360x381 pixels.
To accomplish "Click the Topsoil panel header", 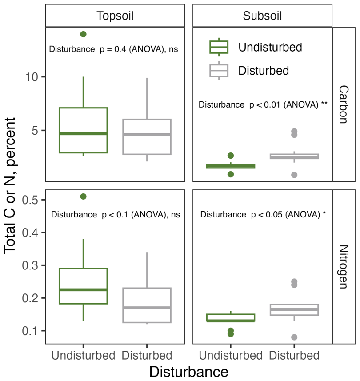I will [x=115, y=16].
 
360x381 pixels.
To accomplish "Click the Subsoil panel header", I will [x=262, y=16].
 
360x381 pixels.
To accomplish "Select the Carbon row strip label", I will [x=344, y=104].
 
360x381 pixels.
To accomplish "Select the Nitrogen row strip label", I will [x=344, y=267].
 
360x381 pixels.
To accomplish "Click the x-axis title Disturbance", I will [x=189, y=371].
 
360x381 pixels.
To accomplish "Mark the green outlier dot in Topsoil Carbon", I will [x=83, y=34].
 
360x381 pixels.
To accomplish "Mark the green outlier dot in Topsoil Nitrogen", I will [x=83, y=197].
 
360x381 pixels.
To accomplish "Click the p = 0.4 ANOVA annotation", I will [x=113, y=49].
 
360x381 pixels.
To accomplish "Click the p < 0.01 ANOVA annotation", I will [x=263, y=105].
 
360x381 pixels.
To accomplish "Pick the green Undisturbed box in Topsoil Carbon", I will [x=83, y=130].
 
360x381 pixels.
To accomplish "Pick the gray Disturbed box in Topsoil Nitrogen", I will [x=147, y=305].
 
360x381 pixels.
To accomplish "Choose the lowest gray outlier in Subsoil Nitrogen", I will [x=294, y=337].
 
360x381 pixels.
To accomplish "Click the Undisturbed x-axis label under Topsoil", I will [x=83, y=356].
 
